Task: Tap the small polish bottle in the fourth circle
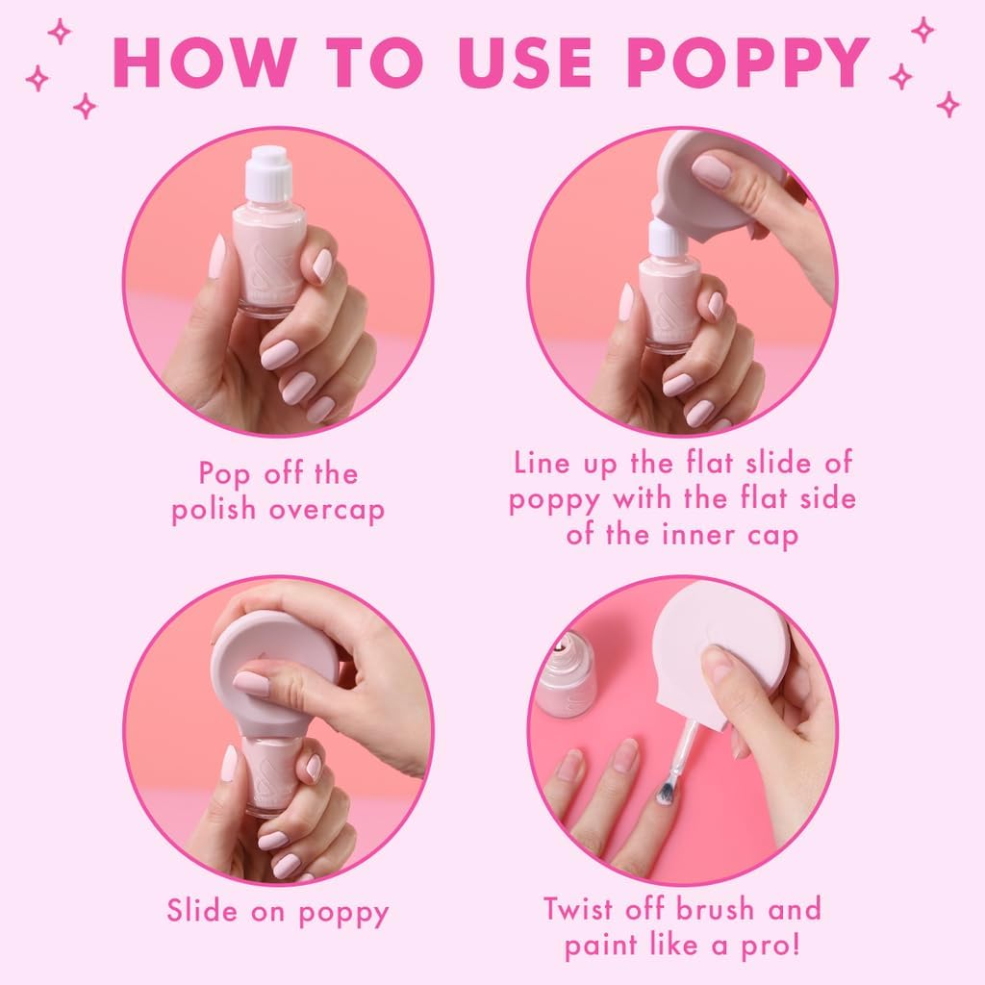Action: click(x=566, y=673)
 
